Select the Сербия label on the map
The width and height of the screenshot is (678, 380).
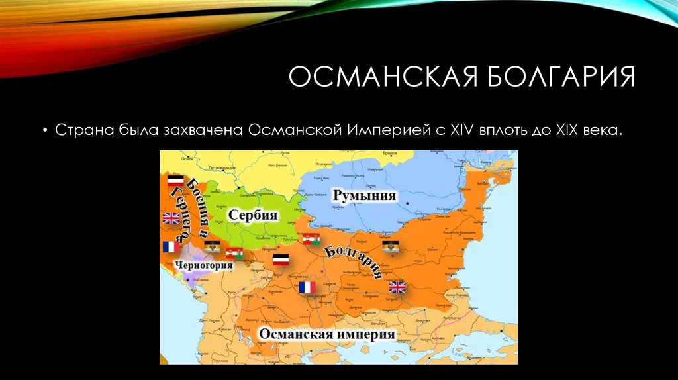tap(252, 215)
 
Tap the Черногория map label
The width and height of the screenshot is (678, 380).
tap(205, 266)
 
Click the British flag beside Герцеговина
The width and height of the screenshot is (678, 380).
tap(171, 218)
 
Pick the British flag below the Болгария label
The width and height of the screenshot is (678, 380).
tap(397, 287)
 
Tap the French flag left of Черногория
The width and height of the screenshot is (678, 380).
tap(170, 247)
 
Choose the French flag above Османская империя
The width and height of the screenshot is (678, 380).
tap(307, 287)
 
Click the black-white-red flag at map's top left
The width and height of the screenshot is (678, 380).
tap(175, 181)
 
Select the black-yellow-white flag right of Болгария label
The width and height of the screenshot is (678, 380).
tap(391, 246)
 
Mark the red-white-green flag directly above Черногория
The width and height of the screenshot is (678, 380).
tap(234, 253)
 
